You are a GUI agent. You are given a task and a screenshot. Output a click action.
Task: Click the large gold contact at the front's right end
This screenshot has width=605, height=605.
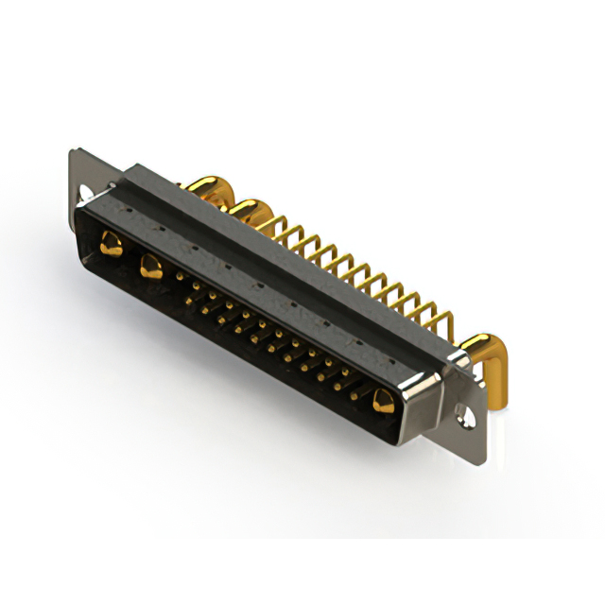click(383, 402)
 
